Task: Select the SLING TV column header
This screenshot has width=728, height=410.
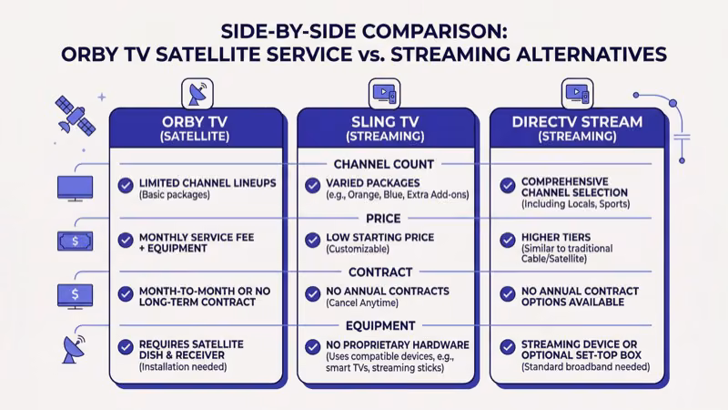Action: [385, 128]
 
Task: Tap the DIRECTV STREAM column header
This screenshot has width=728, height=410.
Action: [577, 128]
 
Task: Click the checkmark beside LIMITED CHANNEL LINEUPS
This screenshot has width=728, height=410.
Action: [126, 184]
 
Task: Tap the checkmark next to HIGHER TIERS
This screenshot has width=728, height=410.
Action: [508, 239]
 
